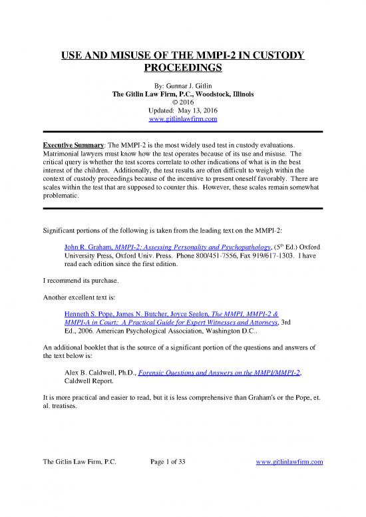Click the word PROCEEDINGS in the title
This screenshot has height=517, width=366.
coord(182,68)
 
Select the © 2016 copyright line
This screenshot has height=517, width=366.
coord(182,102)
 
